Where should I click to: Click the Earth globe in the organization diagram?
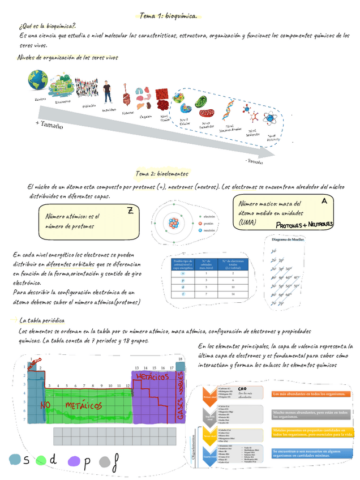pyautogui.click(x=39, y=83)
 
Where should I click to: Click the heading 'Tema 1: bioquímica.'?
pyautogui.click(x=168, y=16)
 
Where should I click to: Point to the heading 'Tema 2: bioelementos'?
pyautogui.click(x=162, y=173)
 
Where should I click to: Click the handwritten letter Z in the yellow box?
pyautogui.click(x=130, y=211)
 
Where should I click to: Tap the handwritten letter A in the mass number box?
pyautogui.click(x=324, y=201)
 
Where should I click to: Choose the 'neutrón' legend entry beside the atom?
pyautogui.click(x=206, y=230)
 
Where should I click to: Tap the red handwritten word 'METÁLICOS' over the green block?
pyautogui.click(x=83, y=405)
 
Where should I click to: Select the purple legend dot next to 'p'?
pyautogui.click(x=74, y=461)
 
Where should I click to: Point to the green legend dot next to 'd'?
pyautogui.click(x=41, y=461)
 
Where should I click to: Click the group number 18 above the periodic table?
pyautogui.click(x=180, y=359)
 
